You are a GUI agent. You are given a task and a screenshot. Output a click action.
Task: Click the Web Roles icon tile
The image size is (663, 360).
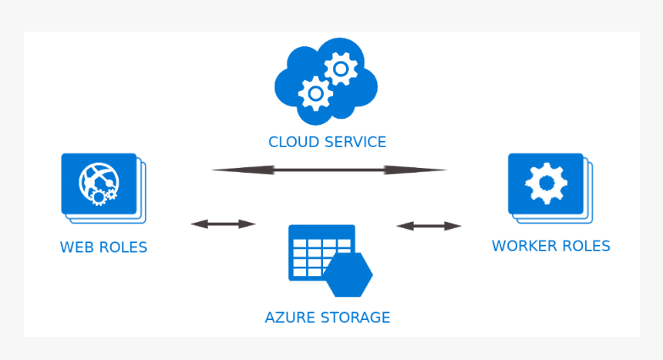[99, 183]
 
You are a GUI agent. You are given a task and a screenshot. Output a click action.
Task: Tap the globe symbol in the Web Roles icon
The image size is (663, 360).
[97, 182]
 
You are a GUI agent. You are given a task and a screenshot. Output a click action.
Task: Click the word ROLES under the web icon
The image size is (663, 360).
[123, 247]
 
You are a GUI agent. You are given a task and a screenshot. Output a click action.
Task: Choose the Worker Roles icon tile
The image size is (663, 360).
[546, 183]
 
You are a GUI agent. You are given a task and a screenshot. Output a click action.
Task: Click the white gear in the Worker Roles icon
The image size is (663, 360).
[546, 183]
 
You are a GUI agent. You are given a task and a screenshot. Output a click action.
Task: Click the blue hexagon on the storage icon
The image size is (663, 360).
[348, 274]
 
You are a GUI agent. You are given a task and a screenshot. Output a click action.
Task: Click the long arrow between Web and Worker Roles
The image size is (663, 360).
[328, 170]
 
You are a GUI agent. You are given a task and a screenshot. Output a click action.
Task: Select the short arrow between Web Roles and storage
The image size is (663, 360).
[223, 224]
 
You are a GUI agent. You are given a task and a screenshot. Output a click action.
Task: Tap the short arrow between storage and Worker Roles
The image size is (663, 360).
[429, 226]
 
